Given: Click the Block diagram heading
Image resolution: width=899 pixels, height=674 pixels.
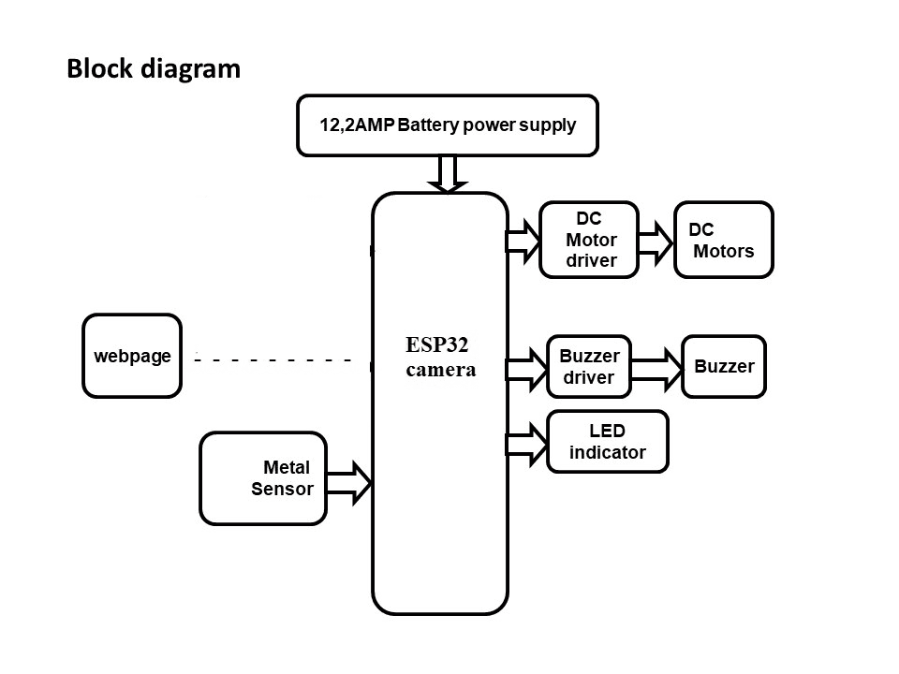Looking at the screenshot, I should coord(154,69).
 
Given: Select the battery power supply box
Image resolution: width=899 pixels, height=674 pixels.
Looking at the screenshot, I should coord(448,125).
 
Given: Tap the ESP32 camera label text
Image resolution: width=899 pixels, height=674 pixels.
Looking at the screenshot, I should coord(440,357).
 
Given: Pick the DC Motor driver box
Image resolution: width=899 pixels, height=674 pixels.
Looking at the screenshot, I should coord(590,240).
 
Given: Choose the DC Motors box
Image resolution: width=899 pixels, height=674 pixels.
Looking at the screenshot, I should coord(724,240).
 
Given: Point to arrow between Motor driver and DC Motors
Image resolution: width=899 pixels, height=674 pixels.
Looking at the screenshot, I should coord(656,242).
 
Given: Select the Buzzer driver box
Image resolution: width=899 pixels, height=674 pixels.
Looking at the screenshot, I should coord(589,367).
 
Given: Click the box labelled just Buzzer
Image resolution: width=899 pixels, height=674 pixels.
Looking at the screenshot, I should coord(724,366).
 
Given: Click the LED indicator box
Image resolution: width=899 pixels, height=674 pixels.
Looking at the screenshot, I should coord(608,442).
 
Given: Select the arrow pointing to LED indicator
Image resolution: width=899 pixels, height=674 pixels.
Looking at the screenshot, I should coord(526,443).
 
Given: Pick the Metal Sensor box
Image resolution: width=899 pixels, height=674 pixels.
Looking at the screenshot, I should coord(263,477).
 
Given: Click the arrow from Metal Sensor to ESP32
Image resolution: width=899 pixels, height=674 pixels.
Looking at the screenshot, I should coord(350,482).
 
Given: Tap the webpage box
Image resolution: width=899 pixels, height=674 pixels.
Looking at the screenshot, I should coord(132,356).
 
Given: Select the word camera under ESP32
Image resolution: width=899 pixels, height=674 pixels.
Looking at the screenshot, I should coord(440,370).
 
